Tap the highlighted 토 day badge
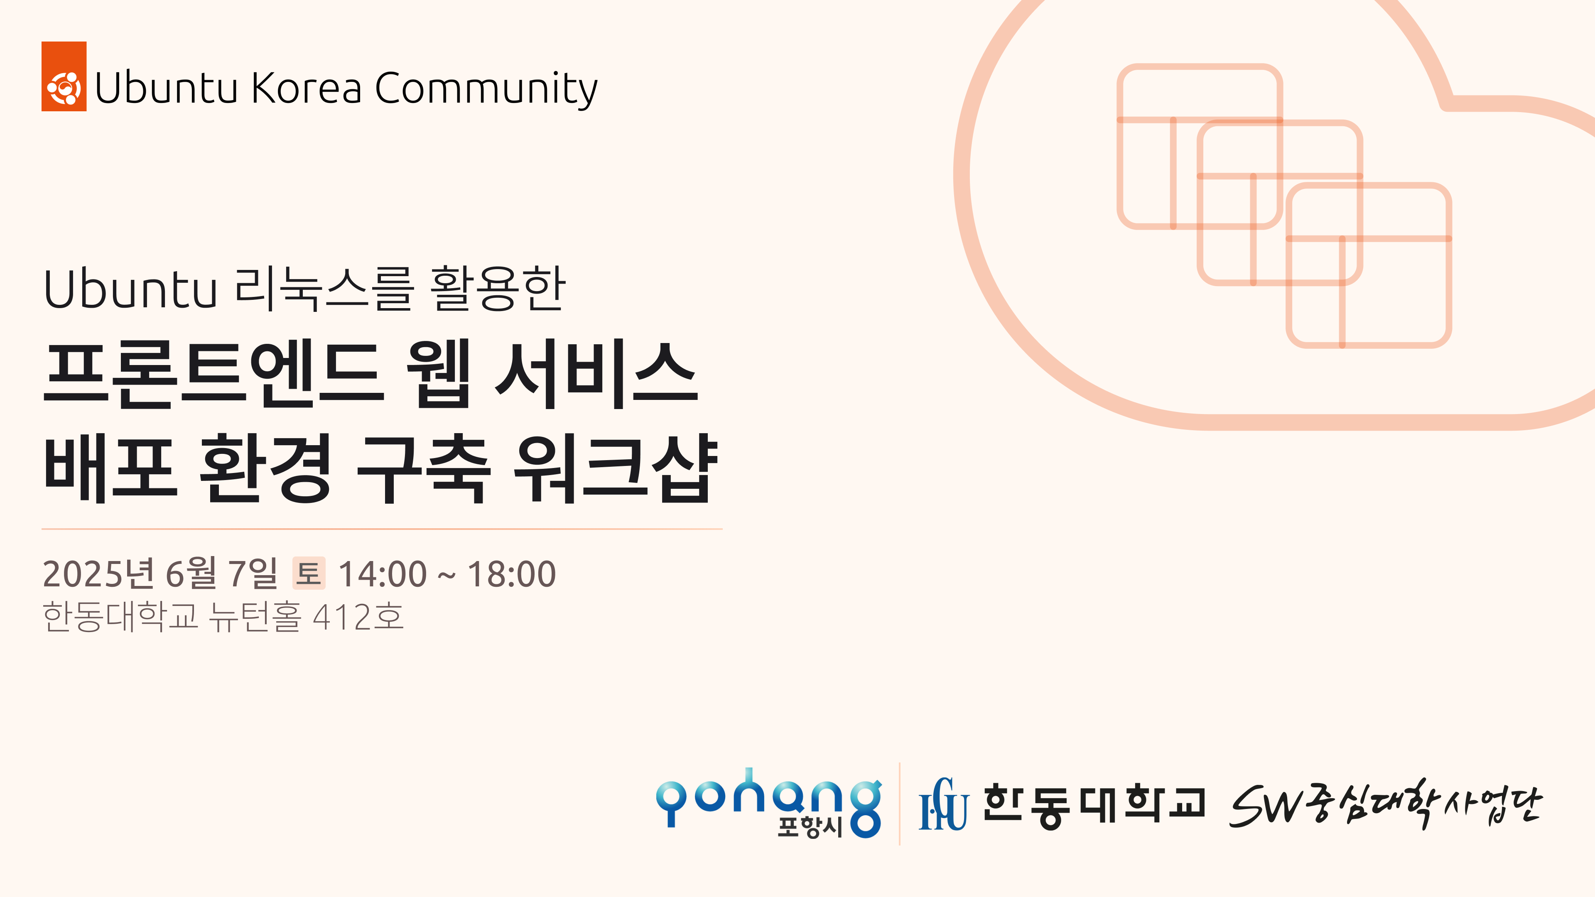coord(309,573)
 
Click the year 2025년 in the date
coord(98,573)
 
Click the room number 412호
coord(358,617)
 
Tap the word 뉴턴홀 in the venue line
coord(255,617)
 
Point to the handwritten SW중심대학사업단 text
coord(1386,804)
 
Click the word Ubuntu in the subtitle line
coord(130,289)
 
